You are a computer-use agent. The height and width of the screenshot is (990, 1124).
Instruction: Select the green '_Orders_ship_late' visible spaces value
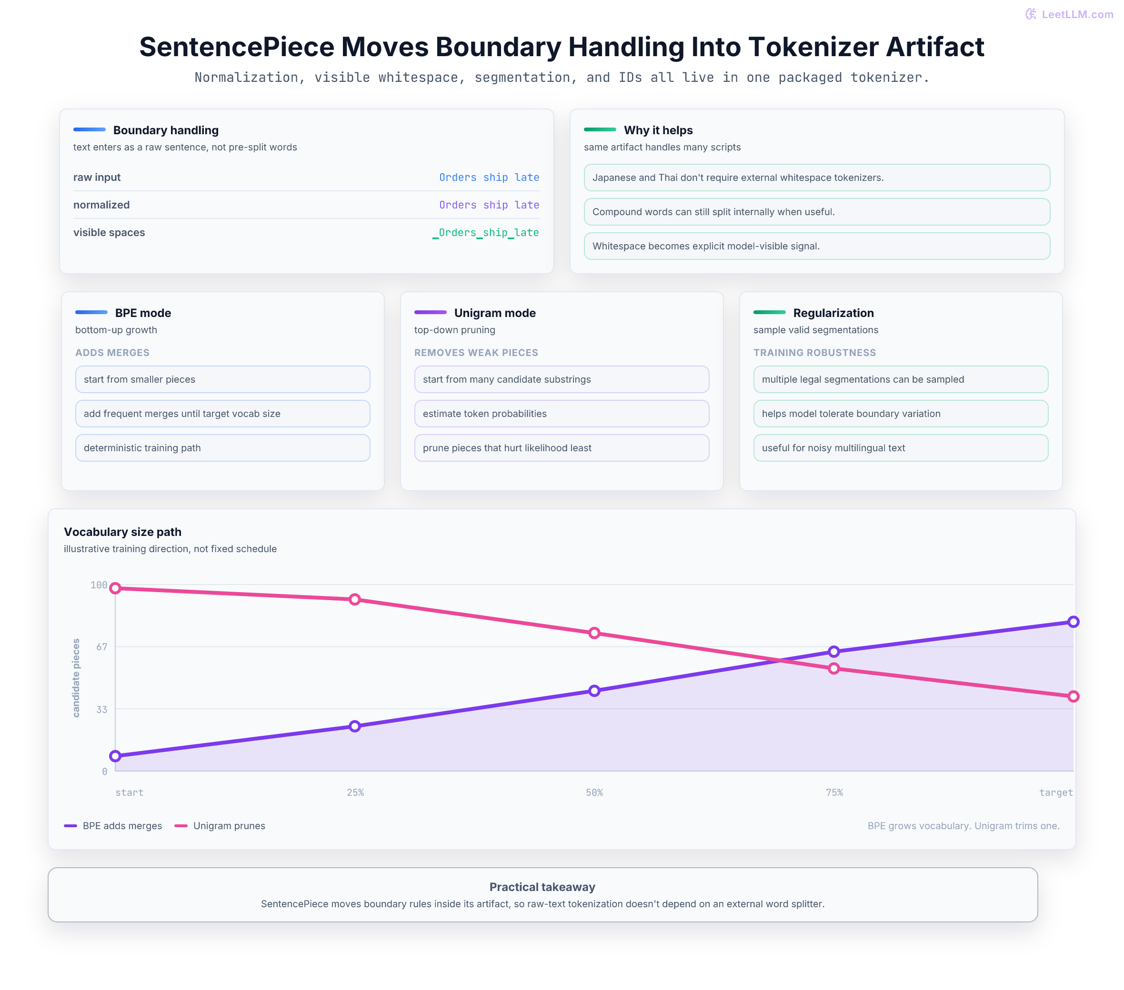coord(486,233)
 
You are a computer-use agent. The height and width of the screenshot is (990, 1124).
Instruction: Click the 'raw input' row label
coord(97,177)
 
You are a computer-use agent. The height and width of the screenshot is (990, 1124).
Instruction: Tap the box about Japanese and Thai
coord(817,178)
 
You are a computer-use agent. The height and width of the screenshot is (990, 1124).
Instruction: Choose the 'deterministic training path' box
coord(223,448)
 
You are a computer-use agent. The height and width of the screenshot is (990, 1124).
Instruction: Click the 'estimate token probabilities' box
coord(562,413)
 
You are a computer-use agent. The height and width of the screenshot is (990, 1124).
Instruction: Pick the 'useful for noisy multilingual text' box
coord(901,448)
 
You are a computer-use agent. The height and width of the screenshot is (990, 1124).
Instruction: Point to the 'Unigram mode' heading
coord(495,313)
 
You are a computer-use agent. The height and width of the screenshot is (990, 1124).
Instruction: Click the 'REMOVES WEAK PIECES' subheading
coord(476,353)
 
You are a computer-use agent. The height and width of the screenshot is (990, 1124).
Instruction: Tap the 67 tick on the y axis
coord(102,646)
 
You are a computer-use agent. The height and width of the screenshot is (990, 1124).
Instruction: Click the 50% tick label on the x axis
coord(594,792)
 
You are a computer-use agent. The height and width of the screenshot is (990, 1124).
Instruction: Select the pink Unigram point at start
coord(115,588)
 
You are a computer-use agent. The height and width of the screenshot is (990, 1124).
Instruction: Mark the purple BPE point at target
coord(1074,622)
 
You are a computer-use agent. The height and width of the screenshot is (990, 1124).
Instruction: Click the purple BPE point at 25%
coord(355,726)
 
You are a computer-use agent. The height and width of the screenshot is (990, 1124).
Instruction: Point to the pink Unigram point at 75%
coord(833,668)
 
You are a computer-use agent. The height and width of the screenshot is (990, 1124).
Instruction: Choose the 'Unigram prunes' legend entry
coord(220,826)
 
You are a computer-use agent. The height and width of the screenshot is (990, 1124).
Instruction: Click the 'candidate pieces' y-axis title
coord(76,678)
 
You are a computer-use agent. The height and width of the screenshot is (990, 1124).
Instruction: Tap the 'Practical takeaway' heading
coord(542,887)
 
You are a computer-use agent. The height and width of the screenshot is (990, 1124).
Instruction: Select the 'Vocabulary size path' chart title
coord(122,532)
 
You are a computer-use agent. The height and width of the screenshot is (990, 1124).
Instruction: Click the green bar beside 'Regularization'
coord(769,312)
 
